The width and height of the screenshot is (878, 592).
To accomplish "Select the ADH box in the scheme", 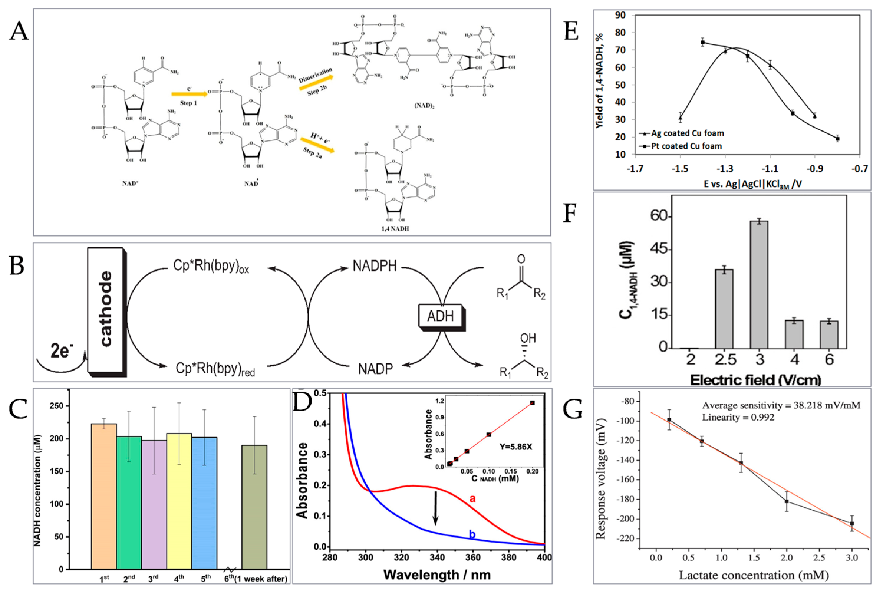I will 441,316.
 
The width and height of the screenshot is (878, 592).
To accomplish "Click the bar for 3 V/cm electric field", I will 760,285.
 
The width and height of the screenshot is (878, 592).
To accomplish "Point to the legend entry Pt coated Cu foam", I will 686,146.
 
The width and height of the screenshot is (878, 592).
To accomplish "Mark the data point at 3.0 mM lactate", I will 852,523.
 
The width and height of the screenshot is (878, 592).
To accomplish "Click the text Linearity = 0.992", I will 738,417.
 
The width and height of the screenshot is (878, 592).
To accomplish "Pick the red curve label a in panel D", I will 472,498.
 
